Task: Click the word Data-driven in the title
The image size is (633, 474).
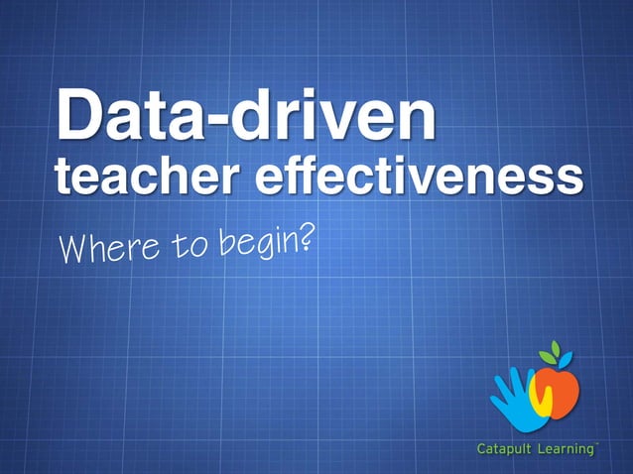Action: (246, 117)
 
